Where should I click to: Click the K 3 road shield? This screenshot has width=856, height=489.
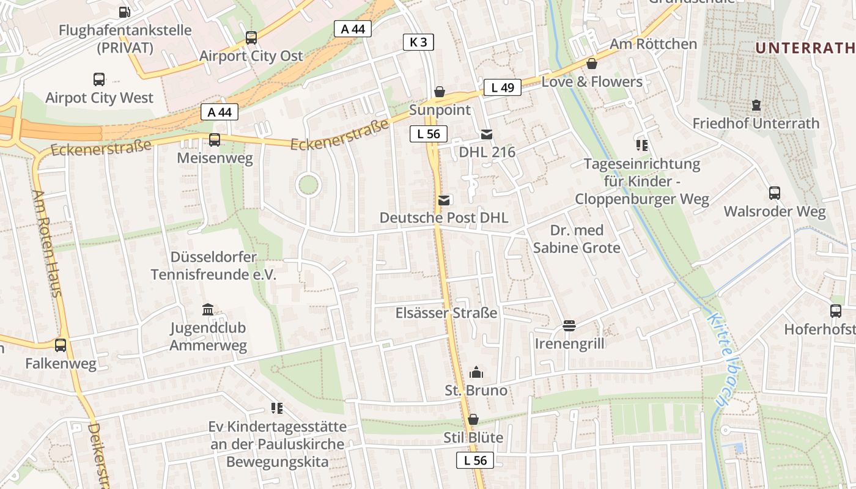point(419,42)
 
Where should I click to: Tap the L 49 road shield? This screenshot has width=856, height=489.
point(503,87)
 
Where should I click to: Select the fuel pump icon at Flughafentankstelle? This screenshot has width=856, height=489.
point(124,12)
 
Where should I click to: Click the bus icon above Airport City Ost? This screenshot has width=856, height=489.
point(251,38)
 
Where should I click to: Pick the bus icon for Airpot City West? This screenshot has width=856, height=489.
point(99,79)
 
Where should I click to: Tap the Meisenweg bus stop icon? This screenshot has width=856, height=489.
point(215,140)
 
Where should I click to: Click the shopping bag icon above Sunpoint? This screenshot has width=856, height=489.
point(439,92)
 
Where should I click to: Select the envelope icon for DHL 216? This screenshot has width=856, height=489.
point(487,134)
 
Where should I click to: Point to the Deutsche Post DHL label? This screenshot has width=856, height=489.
point(443,218)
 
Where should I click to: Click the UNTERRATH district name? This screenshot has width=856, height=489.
point(805,48)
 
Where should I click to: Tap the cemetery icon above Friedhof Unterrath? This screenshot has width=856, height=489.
point(756,105)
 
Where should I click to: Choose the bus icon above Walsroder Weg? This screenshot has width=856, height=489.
point(775,193)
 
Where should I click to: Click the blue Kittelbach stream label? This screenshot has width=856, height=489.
point(719,360)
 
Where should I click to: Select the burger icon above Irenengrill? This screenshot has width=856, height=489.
point(569,325)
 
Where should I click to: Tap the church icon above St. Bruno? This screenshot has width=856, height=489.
point(476,372)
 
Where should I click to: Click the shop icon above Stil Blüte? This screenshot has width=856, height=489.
point(473,419)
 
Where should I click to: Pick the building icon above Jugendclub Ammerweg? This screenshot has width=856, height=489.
point(208,309)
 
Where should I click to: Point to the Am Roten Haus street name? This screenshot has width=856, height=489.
point(47,243)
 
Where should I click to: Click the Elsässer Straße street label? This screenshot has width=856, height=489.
point(446,313)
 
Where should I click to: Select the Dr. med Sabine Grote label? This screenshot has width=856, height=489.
point(577,239)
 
